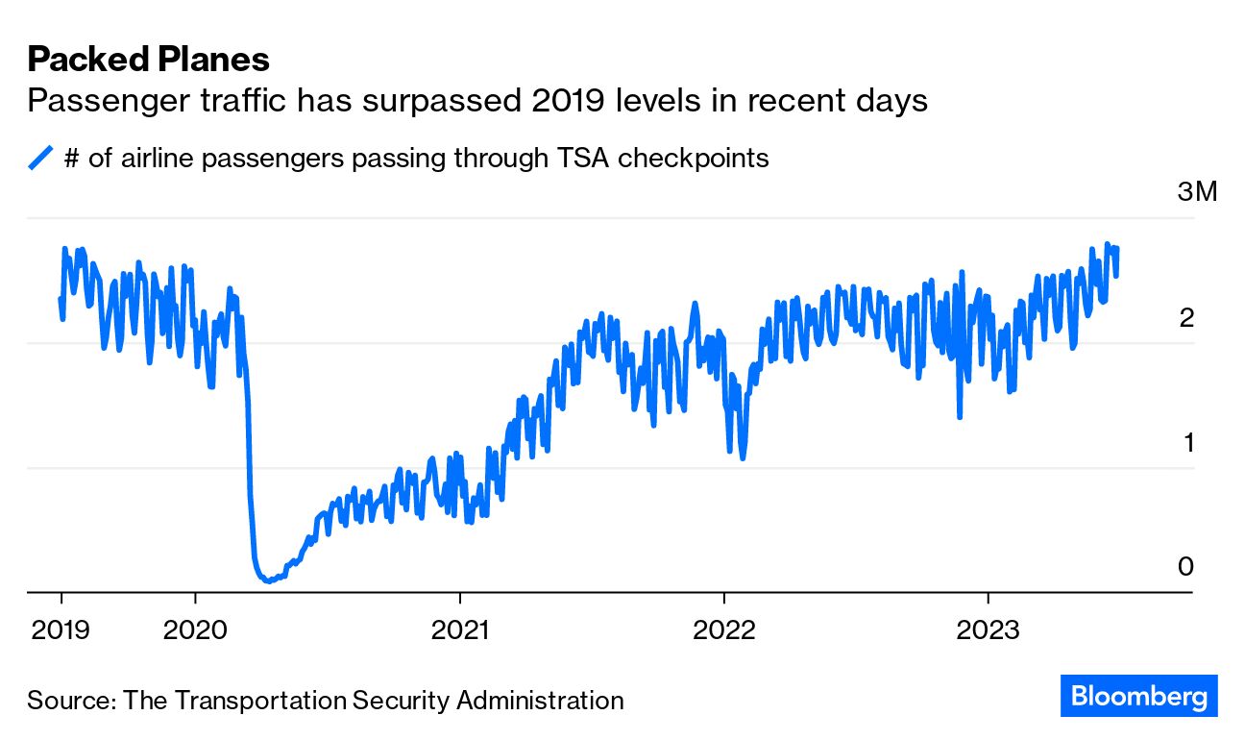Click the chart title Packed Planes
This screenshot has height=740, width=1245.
[x=148, y=60]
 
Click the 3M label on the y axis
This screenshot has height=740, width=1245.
[x=1197, y=191]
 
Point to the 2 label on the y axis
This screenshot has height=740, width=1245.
[x=1186, y=318]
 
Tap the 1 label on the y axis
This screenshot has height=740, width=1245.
[x=1189, y=442]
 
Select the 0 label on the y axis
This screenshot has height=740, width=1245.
[x=1185, y=567]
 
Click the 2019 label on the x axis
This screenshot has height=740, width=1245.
[x=61, y=629]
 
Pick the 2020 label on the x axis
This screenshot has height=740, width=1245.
[x=195, y=629]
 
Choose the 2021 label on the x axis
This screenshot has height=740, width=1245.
[x=460, y=629]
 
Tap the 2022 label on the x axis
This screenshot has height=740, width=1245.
[x=723, y=629]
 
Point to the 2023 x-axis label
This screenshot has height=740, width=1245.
[x=989, y=629]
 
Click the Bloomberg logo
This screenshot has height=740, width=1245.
[x=1138, y=696]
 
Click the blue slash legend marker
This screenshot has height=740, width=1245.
[x=40, y=158]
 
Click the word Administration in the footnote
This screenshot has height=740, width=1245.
[x=540, y=700]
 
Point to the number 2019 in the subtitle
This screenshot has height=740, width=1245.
[x=568, y=101]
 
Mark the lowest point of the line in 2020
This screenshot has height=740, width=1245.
[x=268, y=581]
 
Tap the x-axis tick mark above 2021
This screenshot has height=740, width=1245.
[x=460, y=598]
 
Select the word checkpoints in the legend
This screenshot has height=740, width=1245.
[x=693, y=159]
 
